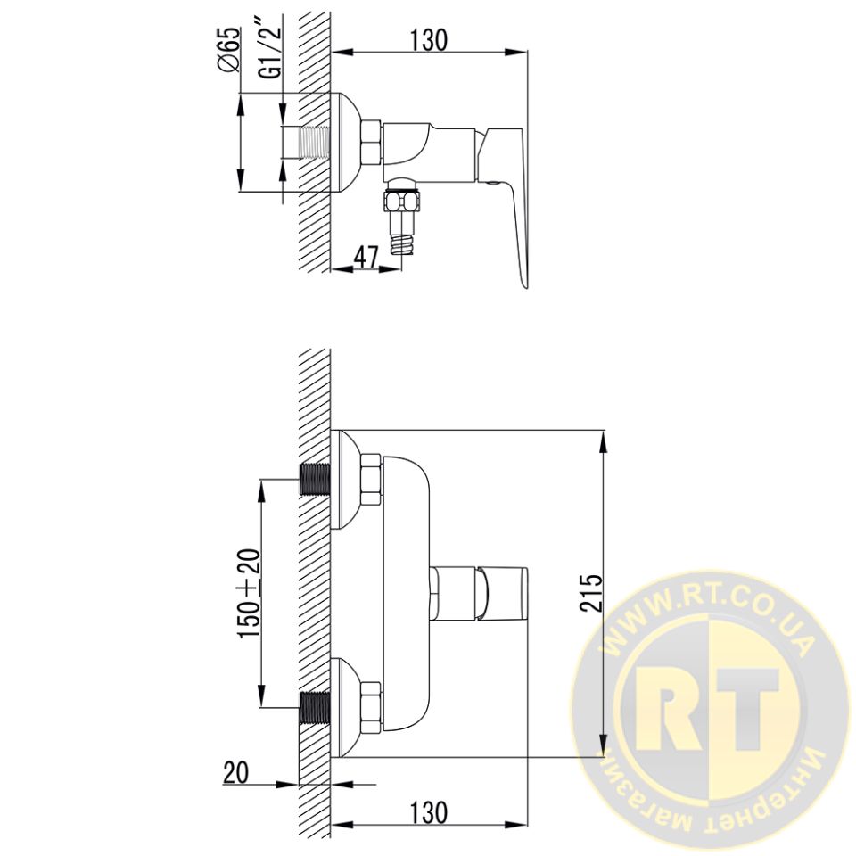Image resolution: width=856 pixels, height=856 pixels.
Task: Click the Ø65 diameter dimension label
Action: point(229,50)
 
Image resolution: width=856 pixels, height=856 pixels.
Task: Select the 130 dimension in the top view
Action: point(429,39)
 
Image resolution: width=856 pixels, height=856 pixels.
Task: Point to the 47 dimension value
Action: point(366,257)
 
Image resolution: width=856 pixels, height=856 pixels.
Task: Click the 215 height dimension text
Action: point(591,592)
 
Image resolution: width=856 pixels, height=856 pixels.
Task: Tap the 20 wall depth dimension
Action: point(235,772)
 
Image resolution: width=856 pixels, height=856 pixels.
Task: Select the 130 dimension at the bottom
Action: point(429,812)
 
